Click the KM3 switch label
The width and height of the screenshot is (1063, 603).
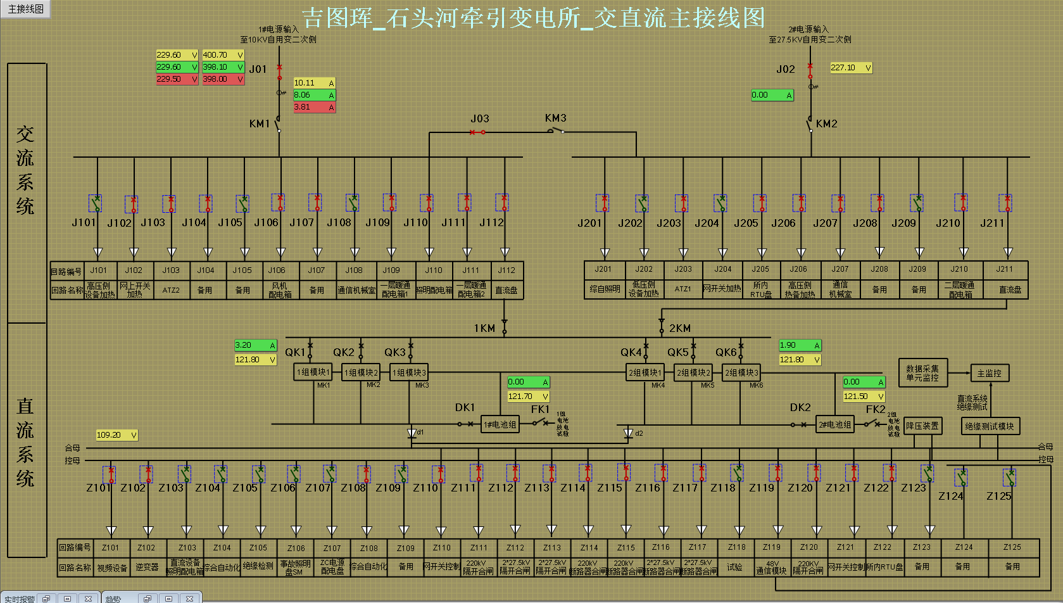coord(555,118)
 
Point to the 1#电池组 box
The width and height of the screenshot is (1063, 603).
coord(500,424)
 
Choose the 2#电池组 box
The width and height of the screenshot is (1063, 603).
coord(834,424)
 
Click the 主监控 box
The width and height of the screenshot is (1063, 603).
coord(989,374)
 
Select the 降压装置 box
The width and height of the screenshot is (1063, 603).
coord(922,426)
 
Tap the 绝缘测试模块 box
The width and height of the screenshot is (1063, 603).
coord(989,426)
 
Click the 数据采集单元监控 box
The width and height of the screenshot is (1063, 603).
coord(922,373)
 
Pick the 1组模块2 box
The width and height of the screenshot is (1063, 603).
coord(361,372)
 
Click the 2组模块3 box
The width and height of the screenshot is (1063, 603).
coord(741,372)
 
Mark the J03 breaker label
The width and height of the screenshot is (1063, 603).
coord(479,118)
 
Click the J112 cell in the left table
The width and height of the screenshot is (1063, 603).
coord(506,270)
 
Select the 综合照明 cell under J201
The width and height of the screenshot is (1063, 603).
coord(605,289)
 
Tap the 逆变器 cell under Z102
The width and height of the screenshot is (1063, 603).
coord(146,567)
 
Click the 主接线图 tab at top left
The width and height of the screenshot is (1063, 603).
coord(25,9)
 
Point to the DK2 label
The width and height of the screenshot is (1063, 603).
coord(800,407)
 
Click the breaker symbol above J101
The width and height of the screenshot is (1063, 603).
coord(96,203)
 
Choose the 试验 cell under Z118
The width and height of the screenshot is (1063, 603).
coord(734,567)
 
